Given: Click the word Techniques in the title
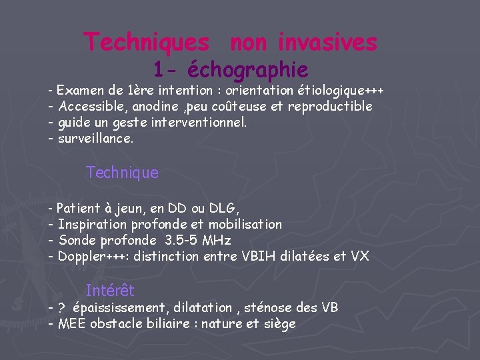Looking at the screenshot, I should click(x=146, y=43).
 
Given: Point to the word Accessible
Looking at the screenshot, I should click(x=91, y=107).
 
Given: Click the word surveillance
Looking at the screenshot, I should click(x=95, y=139).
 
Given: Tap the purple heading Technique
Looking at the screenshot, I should click(x=123, y=173).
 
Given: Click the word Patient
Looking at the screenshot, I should click(x=79, y=208).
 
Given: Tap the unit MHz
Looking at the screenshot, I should click(x=217, y=240).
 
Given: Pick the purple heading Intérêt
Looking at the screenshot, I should click(x=110, y=291).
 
